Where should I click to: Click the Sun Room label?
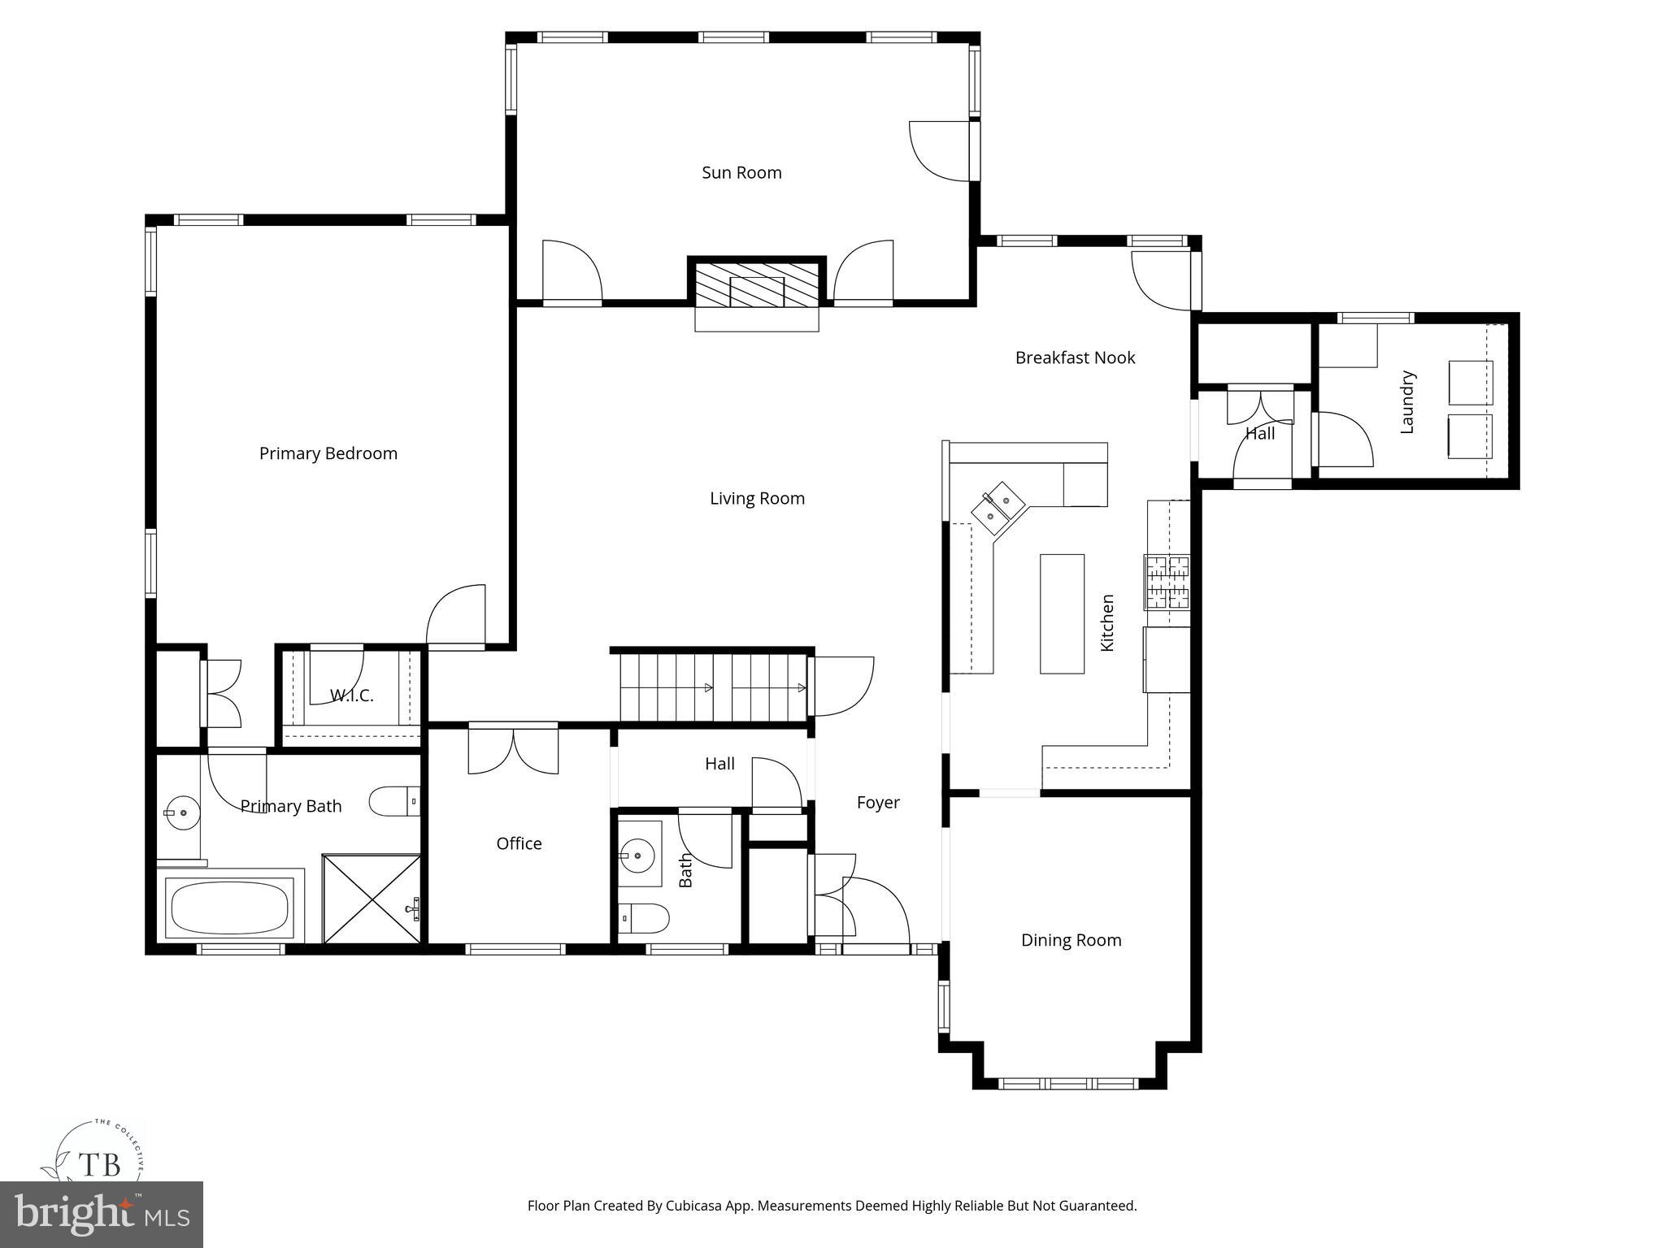coord(741,172)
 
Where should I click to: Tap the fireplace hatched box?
coord(757,284)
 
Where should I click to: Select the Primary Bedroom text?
coord(328,453)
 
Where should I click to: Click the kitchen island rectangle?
coord(1062,613)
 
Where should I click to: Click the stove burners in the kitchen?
coord(1167,582)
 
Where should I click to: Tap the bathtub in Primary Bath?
coord(229,908)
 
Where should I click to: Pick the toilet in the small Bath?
coord(644,918)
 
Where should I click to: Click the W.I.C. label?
coord(351,695)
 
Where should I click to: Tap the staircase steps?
coord(712,687)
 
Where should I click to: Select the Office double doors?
coord(513,749)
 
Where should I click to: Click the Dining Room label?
coord(1071,940)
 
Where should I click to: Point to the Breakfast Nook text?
coord(1075,357)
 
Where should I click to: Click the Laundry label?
coord(1407,402)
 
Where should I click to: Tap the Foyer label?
coord(878,803)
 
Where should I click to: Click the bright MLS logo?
coord(102,1214)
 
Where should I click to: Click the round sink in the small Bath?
coord(637,856)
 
